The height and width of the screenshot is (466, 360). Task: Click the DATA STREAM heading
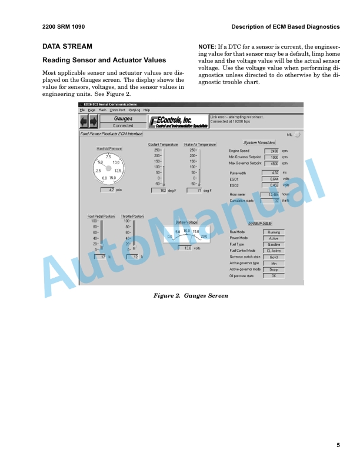67,46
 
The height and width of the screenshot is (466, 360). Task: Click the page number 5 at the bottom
338,445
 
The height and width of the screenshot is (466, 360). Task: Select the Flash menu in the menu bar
102,110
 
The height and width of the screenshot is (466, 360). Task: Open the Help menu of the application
146,110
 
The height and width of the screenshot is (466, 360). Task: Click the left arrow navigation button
84,122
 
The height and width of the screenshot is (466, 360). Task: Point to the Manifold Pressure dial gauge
108,169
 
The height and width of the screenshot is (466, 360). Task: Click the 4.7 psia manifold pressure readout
108,190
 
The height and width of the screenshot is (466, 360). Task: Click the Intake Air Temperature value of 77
195,191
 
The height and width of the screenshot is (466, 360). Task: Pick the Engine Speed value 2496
271,151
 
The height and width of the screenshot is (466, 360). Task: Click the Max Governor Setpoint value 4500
271,163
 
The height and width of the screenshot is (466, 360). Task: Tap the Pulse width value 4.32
271,172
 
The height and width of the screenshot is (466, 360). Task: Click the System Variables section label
259,143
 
